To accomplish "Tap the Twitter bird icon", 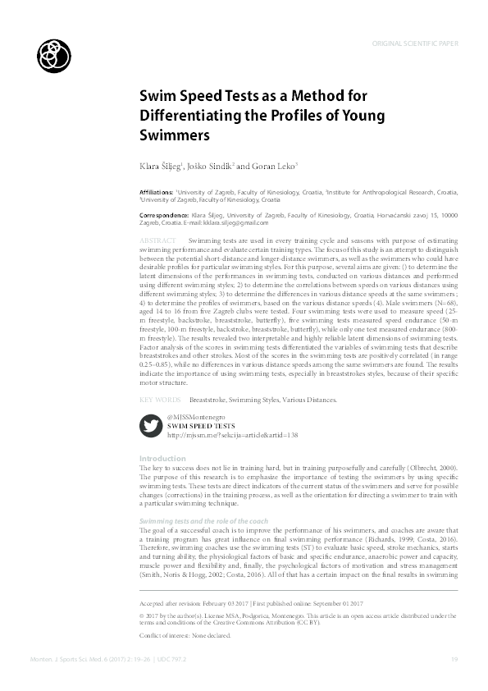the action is tap(150, 426).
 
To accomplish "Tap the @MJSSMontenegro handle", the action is tap(195, 418).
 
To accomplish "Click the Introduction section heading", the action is tap(162, 458).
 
